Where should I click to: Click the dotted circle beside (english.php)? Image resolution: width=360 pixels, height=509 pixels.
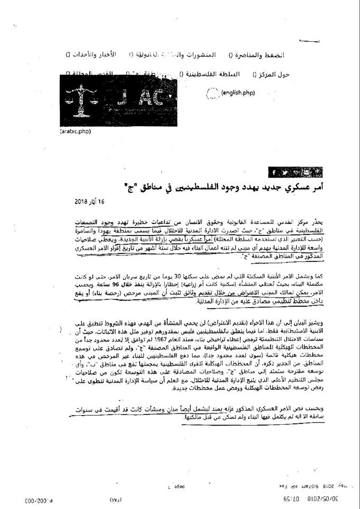click(x=211, y=93)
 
